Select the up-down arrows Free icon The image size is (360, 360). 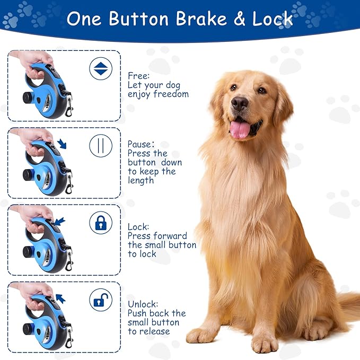pos(100,69)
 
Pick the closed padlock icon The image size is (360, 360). pos(100,223)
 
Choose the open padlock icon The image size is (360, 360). pos(100,300)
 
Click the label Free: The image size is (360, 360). pos(138,76)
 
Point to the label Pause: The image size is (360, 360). pos(141,144)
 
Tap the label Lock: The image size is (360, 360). pos(138,226)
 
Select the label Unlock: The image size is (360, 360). pos(143,304)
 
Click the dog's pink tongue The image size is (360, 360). pos(240,129)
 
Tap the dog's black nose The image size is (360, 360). pos(240,103)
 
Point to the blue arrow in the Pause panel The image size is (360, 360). pos(63,144)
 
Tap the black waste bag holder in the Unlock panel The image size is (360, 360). pos(28,329)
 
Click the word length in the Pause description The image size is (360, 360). pos(141,180)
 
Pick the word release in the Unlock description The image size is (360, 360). pos(155,331)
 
